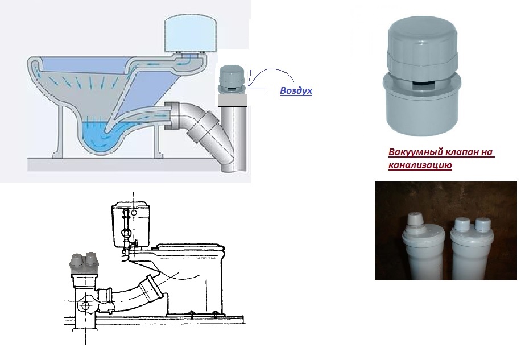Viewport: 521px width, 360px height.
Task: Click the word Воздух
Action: pyautogui.click(x=296, y=90)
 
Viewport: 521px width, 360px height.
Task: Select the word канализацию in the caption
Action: pyautogui.click(x=420, y=165)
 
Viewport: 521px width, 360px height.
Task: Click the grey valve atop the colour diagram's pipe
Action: pyautogui.click(x=232, y=79)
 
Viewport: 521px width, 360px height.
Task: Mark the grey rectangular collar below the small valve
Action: pyautogui.click(x=233, y=100)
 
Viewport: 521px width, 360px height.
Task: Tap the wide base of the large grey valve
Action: pyautogui.click(x=421, y=106)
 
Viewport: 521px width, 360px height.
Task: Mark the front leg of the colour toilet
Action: pyautogui.click(x=59, y=133)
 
